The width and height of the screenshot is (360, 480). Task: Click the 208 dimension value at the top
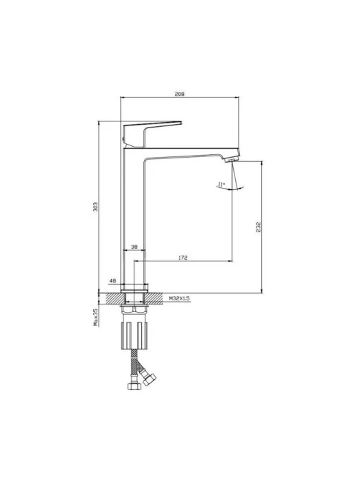coord(180,94)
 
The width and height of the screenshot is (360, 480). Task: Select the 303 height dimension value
coord(95,207)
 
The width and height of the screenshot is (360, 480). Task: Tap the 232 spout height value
coord(259,227)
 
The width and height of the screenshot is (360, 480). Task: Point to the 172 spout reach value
coord(183,258)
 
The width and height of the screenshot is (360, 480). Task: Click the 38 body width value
coord(134,247)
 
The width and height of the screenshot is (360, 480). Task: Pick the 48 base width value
coord(112,280)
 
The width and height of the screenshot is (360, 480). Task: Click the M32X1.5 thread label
coord(180,298)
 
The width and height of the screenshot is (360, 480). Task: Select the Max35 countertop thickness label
coord(95,317)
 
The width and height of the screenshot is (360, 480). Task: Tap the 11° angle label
coord(221,184)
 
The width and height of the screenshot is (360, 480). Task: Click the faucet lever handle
coord(150,133)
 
